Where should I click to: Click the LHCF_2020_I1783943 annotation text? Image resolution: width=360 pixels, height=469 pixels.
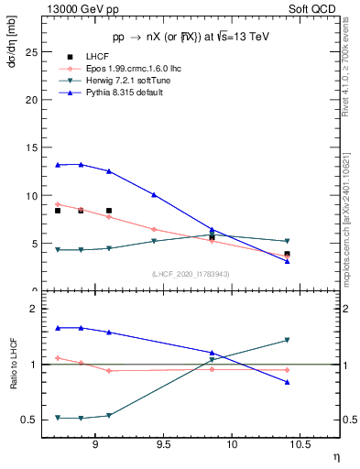pos(191,273)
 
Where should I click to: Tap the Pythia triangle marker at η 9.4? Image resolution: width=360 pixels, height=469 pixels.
pos(154,194)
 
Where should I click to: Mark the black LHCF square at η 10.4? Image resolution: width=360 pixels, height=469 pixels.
pos(287,254)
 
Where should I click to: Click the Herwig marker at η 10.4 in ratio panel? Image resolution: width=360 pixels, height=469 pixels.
pos(287,340)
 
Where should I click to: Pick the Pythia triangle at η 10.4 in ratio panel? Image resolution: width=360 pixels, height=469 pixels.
pos(287,382)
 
